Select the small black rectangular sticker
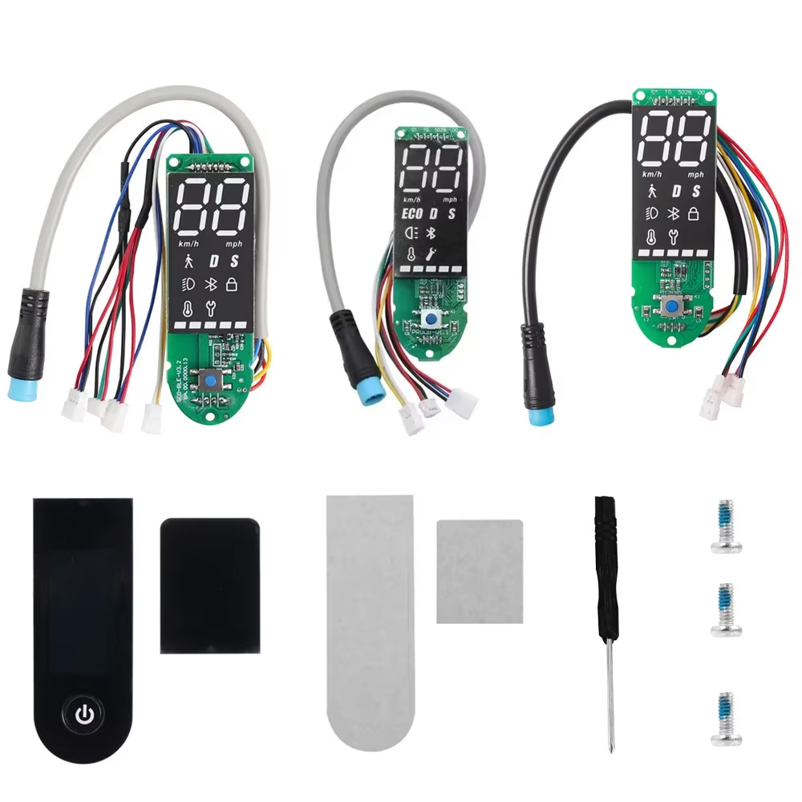point(210,585)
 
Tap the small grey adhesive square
point(480,570)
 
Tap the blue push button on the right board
point(670,306)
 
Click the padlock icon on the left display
point(232,284)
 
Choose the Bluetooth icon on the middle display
point(430,233)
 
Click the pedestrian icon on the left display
point(189,261)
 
